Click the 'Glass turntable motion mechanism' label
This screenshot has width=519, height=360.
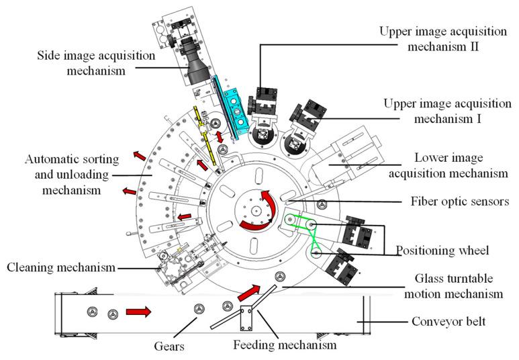click(x=457, y=287)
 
